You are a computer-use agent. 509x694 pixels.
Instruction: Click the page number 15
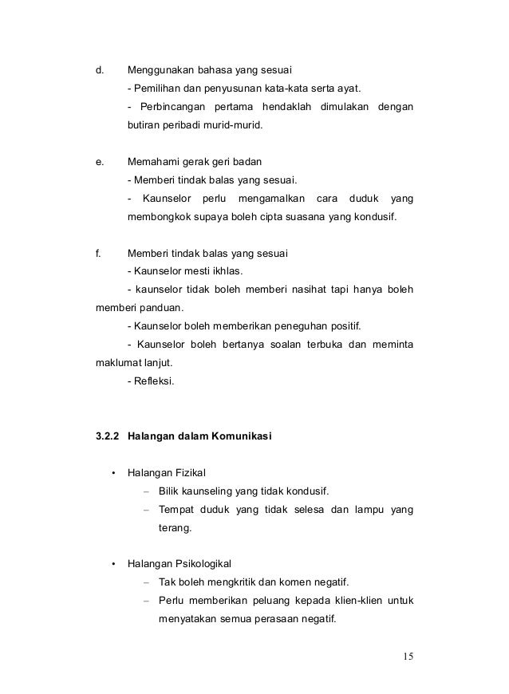407,657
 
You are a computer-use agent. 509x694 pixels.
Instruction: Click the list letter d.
99,69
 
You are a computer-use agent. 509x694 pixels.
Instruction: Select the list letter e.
99,161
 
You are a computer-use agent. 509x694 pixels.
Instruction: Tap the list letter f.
97,254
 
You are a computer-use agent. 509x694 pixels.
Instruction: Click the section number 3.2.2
109,436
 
